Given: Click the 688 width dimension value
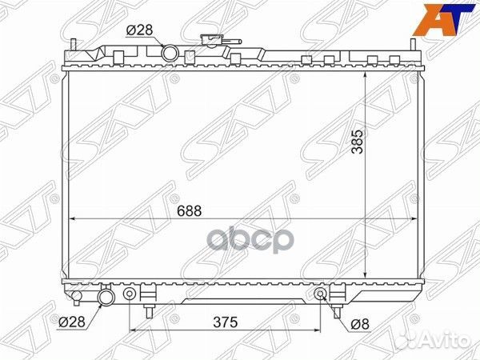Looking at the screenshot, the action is (189, 211).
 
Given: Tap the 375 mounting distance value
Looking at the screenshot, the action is (226, 322).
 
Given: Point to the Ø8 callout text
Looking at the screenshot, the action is (360, 325).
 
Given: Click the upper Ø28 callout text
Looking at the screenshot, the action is (139, 30).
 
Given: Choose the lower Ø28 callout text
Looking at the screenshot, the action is (71, 322).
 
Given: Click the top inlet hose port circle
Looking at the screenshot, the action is (170, 53).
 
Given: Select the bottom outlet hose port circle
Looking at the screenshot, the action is (106, 297).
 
